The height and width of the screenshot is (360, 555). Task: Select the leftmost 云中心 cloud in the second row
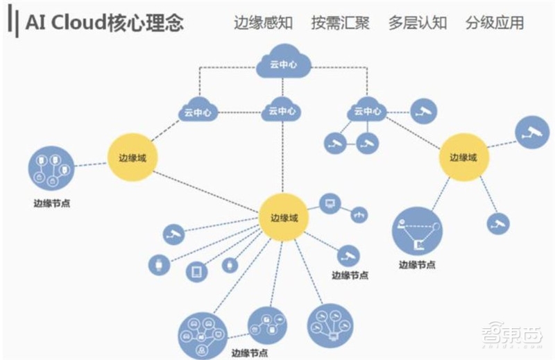[198, 110]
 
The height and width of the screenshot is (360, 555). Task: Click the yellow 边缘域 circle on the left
[133, 157]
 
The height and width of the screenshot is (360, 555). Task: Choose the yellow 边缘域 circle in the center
[283, 217]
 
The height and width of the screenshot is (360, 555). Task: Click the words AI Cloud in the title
[67, 23]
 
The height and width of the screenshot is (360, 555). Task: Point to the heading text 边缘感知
[263, 23]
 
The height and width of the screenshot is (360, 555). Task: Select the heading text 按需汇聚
[340, 23]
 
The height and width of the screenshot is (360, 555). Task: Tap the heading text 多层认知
[417, 23]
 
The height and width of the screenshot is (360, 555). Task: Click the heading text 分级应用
[495, 23]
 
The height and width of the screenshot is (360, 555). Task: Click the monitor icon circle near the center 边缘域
[330, 203]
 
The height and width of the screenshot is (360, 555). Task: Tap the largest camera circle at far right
[532, 131]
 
